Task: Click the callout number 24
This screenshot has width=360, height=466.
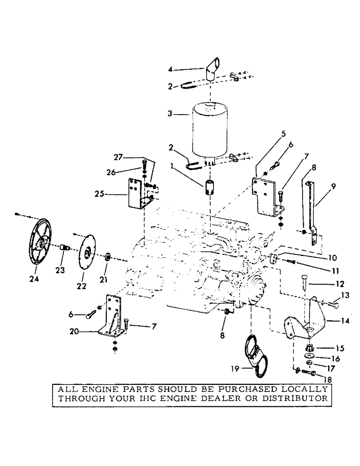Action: pyautogui.click(x=34, y=279)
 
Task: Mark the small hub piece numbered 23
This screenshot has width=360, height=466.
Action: pyautogui.click(x=63, y=254)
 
